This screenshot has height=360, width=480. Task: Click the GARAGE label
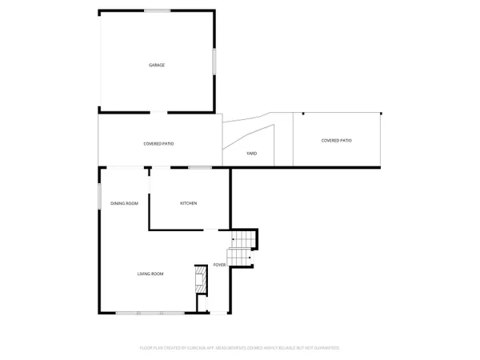coord(157,65)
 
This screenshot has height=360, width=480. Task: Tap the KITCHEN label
coord(189,203)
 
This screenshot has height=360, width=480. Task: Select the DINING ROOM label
coord(124,203)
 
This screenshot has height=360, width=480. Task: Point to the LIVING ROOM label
coord(150,274)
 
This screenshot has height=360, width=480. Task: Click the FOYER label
coord(219,264)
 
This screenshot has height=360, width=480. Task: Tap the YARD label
coord(251,153)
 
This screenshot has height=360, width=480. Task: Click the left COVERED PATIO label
coord(158,143)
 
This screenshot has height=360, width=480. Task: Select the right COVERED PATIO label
coord(336,140)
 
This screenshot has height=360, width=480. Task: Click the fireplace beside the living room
coord(201,282)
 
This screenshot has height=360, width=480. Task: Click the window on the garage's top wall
coord(157,10)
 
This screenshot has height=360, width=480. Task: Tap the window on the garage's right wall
coord(214,62)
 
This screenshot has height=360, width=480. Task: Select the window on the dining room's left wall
coord(99,194)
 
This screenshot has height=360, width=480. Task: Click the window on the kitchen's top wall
coord(200,167)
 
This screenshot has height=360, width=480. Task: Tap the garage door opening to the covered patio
coord(160,111)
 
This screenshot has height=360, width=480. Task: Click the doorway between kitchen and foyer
coord(210,230)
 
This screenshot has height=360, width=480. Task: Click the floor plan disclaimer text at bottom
coord(240,348)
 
